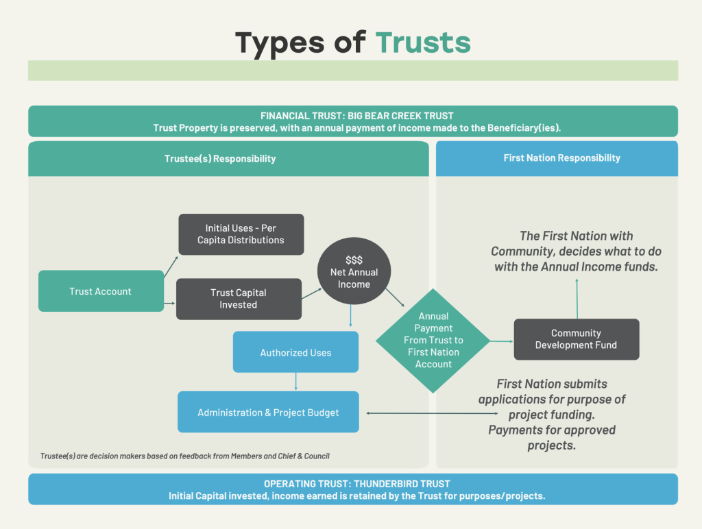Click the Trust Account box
[x=101, y=291]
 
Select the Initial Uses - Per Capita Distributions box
[x=241, y=234]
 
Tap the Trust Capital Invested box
[x=239, y=299]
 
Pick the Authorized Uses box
[x=295, y=352]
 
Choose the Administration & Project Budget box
[x=268, y=412]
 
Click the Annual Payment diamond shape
[x=433, y=341]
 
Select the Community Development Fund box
[x=576, y=339]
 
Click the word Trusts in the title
[x=423, y=42]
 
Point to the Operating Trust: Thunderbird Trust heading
[x=352, y=484]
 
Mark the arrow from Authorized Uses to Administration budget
[x=295, y=382]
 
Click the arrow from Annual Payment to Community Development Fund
[x=502, y=341]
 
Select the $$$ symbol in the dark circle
[x=354, y=260]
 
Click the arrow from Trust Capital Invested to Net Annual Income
[x=312, y=293]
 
